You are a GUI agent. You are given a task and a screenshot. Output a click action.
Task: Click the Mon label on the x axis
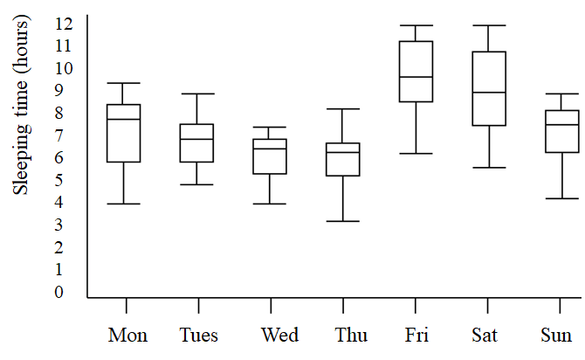127,336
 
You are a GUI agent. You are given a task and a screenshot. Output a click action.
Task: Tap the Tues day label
199,336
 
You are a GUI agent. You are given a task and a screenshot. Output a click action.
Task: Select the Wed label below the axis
279,336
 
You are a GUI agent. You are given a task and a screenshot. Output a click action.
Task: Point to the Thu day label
351,336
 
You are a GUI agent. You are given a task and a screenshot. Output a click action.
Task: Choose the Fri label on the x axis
416,336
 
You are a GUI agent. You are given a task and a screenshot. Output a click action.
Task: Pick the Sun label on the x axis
556,336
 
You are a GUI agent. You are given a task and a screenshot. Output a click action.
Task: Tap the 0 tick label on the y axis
59,292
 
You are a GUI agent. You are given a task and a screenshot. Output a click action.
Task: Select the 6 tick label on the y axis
59,157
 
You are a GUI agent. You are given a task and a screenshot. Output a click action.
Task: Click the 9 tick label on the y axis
59,90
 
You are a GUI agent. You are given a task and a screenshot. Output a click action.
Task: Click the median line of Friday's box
416,77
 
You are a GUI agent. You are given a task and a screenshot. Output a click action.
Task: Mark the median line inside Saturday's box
489,93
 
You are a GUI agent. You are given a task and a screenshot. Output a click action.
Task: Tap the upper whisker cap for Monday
124,83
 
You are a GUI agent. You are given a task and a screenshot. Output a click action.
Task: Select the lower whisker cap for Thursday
343,221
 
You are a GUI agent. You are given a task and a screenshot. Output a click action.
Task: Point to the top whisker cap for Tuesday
197,93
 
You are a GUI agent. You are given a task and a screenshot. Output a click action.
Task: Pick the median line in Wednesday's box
271,149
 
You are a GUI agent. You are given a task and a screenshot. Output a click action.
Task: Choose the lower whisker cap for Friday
416,154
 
